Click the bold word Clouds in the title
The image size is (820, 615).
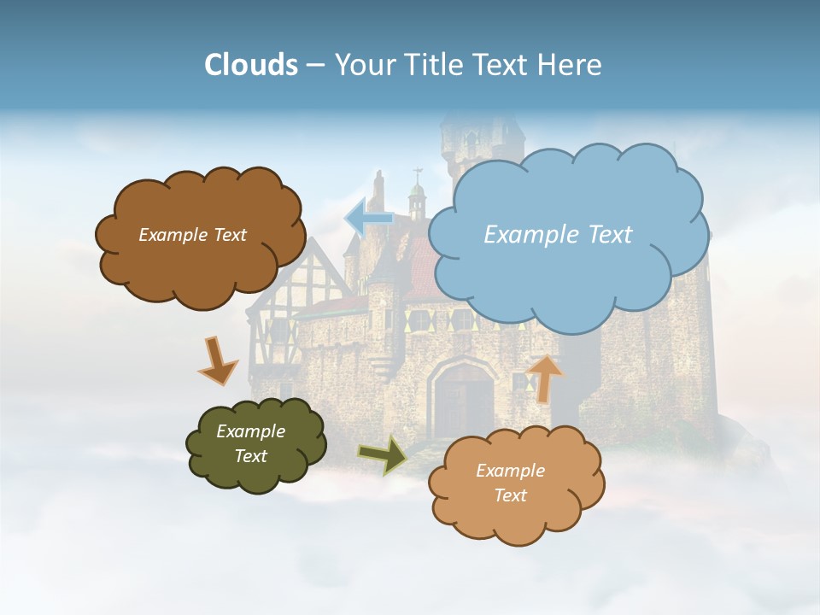(251, 65)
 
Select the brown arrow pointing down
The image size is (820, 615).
(217, 360)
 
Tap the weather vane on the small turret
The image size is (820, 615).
(417, 177)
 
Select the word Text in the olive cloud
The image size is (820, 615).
(251, 456)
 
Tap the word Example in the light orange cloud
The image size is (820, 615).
(510, 471)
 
